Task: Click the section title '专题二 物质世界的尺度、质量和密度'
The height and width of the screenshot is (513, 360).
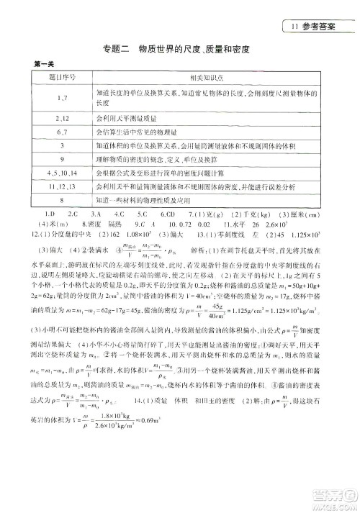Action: click(180, 49)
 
